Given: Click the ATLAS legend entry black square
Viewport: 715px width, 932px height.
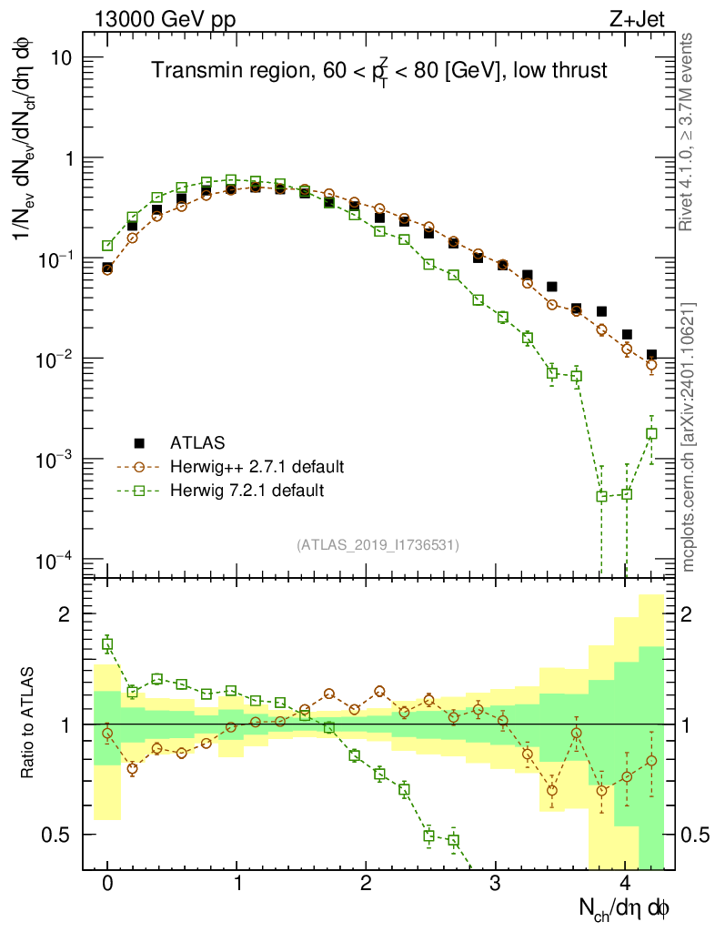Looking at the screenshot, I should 139,443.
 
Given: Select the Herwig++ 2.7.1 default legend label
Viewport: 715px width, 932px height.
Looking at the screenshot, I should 257,467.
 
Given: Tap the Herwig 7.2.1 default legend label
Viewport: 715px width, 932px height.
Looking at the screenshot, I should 247,491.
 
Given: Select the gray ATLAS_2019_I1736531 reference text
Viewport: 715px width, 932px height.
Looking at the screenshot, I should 378,545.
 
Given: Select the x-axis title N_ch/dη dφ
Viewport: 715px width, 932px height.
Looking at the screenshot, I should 624,907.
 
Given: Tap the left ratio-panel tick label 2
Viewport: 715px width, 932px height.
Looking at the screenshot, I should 65,614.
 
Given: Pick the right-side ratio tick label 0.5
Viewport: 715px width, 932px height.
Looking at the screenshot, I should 695,835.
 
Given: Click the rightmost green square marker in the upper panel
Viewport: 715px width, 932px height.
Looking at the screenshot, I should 651,434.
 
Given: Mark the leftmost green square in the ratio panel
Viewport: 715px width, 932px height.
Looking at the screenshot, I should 107,644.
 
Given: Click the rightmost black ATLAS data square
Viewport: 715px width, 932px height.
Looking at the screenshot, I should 651,355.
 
